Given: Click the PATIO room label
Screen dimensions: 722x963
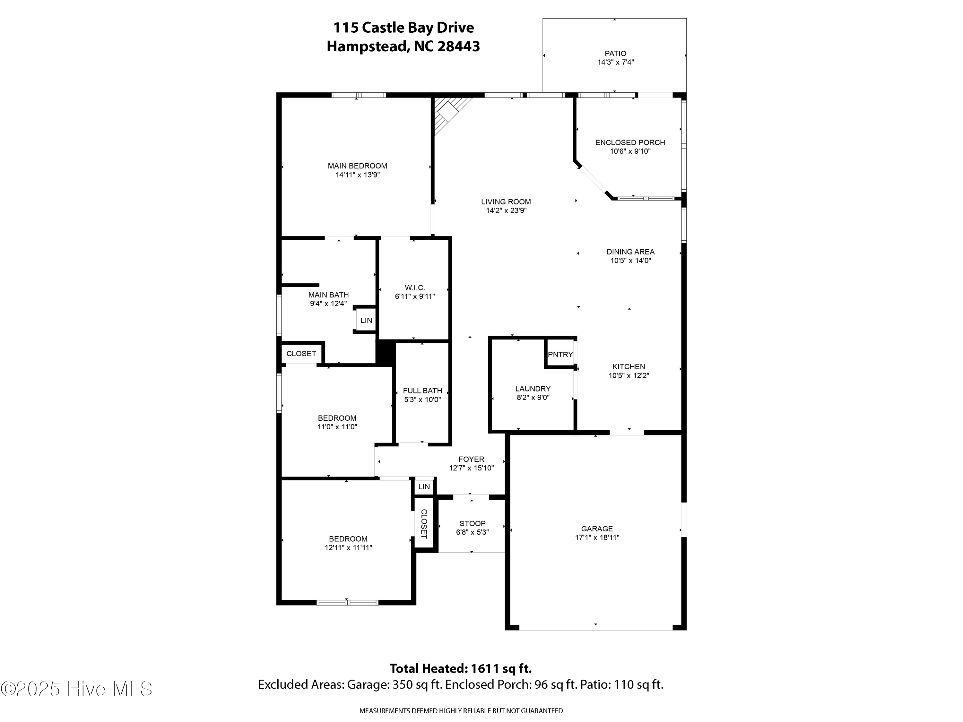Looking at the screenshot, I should point(615,54).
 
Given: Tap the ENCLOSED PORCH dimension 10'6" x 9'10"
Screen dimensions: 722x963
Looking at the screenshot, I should point(630,151).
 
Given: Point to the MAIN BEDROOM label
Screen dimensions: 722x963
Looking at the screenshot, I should point(357,166).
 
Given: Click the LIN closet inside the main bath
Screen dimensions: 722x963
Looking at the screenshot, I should point(366,320).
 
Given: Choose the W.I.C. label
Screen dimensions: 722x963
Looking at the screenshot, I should point(414,288).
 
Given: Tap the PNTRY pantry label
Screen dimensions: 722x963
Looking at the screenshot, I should point(560,355).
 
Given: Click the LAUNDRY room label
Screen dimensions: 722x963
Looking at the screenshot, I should point(533,389).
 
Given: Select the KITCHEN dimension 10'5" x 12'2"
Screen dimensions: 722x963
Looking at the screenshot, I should point(629,375).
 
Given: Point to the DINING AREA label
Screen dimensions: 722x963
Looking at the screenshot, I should point(630,252).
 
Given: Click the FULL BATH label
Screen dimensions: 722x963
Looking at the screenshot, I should point(422,391).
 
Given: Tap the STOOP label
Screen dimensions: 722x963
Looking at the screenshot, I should point(473,524).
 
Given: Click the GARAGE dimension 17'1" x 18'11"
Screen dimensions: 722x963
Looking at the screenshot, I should point(597,537).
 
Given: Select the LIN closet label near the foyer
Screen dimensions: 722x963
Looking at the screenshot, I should point(424,487).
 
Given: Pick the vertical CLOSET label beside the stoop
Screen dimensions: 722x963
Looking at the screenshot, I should point(424,524).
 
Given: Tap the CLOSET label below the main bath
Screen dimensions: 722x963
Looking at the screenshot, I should point(301,354).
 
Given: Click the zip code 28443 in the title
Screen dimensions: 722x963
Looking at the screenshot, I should point(458,46).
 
